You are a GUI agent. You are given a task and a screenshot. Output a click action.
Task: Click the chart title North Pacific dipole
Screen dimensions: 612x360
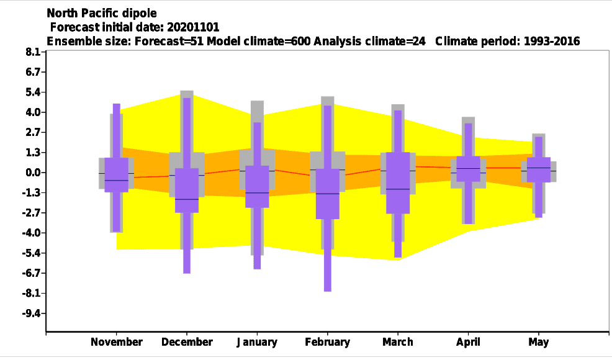coord(101,13)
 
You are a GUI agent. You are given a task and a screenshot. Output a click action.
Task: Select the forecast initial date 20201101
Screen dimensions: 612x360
coord(193,27)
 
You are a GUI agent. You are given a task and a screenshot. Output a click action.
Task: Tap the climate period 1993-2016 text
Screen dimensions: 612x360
coord(552,42)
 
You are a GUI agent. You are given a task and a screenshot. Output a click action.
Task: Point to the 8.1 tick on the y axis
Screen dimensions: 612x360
coord(33,52)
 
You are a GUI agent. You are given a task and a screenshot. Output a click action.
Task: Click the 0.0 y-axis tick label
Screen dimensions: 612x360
coord(33,173)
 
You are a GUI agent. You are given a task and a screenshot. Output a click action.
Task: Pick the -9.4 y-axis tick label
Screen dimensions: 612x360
coord(32,313)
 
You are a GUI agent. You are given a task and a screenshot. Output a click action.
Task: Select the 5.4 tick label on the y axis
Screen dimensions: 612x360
coord(33,92)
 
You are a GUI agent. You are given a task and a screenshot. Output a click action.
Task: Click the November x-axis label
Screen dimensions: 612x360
coord(116,342)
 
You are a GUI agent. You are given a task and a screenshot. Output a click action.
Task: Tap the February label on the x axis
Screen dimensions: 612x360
coord(328,342)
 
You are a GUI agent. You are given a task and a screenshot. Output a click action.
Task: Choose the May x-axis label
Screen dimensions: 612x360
coord(539,342)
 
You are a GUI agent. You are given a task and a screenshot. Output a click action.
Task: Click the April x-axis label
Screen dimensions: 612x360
coord(468,342)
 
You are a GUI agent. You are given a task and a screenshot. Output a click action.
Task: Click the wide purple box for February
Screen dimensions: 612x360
coord(328,194)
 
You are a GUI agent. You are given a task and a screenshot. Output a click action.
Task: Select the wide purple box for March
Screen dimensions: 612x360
coord(398,182)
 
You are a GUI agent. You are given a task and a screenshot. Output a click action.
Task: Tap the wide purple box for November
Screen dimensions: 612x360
coord(116,175)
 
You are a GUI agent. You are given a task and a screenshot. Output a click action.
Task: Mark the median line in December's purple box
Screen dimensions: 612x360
coord(187,199)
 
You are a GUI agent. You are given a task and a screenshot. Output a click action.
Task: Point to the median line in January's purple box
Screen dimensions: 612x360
coord(257,193)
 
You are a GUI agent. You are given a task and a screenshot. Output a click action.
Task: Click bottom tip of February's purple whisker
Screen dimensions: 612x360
coord(328,291)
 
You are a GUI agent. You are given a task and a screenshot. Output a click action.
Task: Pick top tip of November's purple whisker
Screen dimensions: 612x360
coord(116,104)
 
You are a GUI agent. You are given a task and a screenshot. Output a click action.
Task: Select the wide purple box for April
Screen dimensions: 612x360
coord(468,169)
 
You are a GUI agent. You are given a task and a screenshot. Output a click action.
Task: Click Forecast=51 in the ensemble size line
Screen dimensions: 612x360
coord(169,42)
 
